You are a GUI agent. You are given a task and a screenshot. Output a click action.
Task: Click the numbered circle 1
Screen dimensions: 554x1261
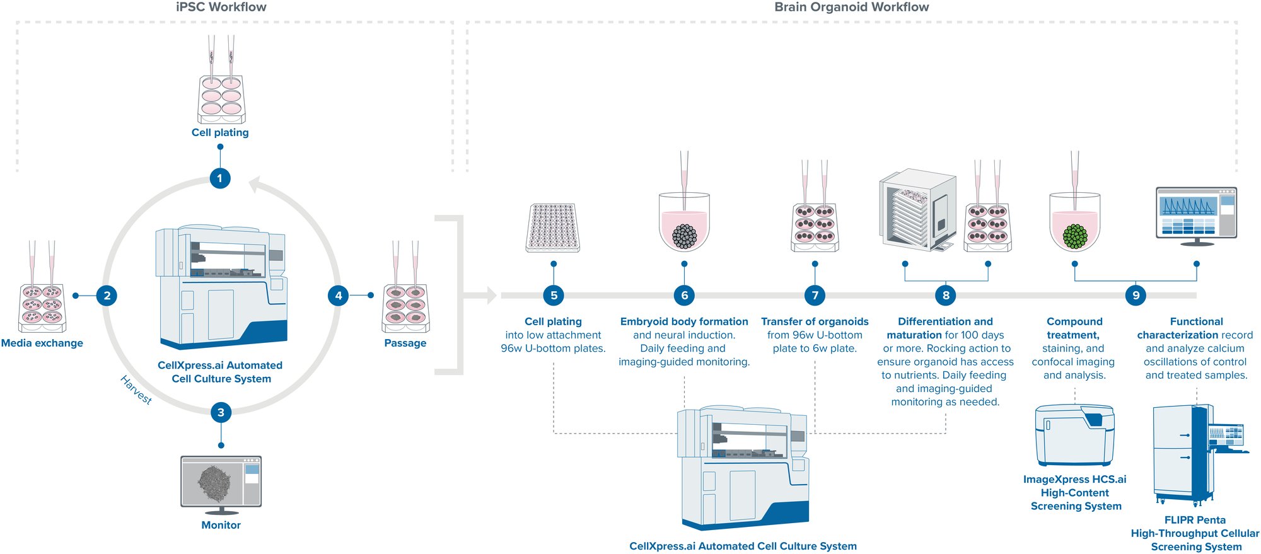pos(220,178)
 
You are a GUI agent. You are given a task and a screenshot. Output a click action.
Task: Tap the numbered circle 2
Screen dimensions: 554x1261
pos(107,296)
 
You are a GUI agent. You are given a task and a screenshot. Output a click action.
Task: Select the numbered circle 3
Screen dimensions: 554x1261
pos(221,413)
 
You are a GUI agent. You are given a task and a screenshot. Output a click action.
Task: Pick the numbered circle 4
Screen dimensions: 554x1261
pos(339,296)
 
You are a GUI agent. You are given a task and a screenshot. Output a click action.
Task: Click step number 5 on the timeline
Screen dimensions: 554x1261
pos(554,296)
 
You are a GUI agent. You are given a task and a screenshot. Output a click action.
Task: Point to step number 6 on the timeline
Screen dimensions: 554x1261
pos(684,296)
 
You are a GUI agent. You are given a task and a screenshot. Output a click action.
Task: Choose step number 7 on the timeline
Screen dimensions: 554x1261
pos(815,296)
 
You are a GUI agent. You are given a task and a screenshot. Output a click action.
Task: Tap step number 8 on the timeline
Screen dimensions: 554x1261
pos(946,296)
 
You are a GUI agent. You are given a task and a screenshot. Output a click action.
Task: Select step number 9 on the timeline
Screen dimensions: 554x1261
pos(1136,296)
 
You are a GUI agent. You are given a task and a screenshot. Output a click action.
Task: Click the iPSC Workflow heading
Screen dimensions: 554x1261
pos(221,8)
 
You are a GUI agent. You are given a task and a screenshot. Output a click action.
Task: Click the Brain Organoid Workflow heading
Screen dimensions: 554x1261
pos(851,8)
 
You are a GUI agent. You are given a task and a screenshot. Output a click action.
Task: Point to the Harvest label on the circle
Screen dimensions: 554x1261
pos(136,390)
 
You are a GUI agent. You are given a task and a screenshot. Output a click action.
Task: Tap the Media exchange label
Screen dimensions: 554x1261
pos(42,343)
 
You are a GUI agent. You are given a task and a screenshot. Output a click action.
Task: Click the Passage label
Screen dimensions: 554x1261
pos(405,343)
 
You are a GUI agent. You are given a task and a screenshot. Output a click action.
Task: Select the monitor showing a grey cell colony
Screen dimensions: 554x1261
pos(221,483)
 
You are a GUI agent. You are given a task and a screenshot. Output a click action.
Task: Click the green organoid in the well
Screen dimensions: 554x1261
pos(1075,236)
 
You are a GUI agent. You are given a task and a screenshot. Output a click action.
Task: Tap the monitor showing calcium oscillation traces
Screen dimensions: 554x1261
pos(1196,214)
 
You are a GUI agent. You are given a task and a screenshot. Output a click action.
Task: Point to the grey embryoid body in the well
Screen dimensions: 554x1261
pos(684,236)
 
